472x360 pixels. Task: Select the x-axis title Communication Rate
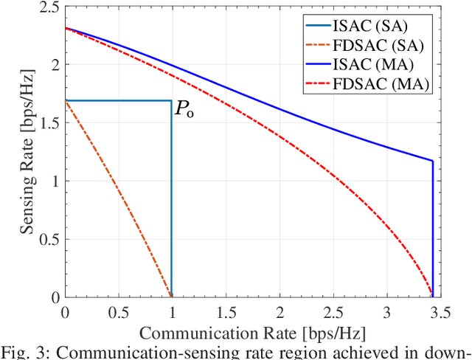click(x=252, y=328)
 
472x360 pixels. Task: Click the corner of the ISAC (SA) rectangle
click(x=171, y=100)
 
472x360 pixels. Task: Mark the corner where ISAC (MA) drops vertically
click(x=432, y=161)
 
